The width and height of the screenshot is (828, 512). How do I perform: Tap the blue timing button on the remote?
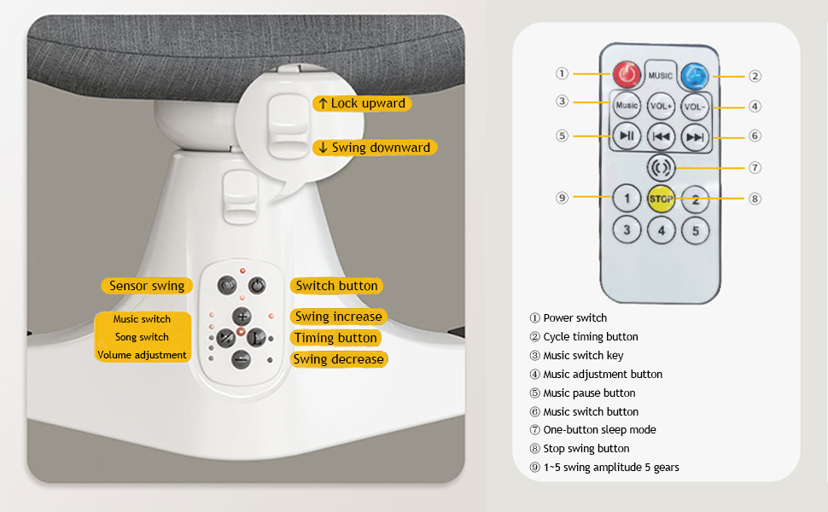tap(696, 74)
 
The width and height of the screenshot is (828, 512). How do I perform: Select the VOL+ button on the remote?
tap(662, 106)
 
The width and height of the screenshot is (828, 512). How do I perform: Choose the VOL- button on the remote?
tap(696, 106)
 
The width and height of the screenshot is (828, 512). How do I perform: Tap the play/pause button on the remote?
tap(627, 135)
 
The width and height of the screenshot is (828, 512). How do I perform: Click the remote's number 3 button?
tap(627, 230)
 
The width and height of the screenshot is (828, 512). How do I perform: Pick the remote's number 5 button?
tap(696, 230)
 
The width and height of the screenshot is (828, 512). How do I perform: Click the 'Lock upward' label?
tap(361, 103)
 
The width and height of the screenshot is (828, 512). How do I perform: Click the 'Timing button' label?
tap(335, 338)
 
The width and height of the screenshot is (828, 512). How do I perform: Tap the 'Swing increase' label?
tap(338, 317)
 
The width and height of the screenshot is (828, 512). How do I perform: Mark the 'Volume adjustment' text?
tap(142, 355)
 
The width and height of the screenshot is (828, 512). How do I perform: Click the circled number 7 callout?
tap(755, 167)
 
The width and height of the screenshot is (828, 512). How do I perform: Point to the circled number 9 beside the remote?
tap(562, 197)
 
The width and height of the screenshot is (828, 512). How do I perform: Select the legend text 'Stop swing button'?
tap(586, 448)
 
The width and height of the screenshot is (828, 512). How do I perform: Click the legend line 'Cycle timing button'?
tap(590, 336)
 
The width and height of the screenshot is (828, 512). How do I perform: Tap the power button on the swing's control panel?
tap(257, 286)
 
